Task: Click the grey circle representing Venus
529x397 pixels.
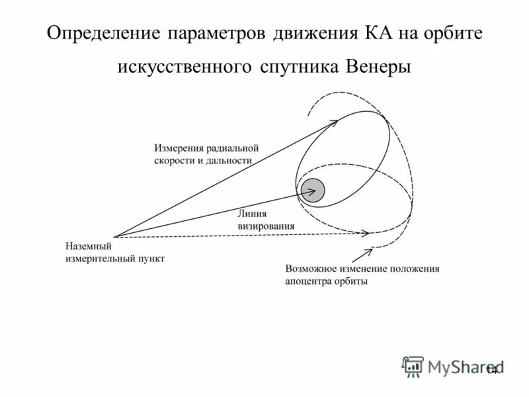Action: click(313, 191)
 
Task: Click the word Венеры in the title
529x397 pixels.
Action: click(380, 67)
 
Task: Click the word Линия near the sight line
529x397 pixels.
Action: click(251, 214)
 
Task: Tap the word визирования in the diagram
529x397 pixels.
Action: click(266, 226)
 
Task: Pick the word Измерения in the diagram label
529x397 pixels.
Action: click(179, 148)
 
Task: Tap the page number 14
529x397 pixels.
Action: click(491, 371)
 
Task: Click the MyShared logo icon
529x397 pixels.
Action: click(413, 367)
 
